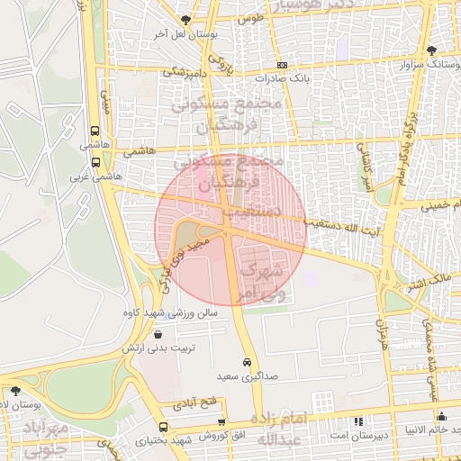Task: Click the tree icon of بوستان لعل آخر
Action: point(186,20)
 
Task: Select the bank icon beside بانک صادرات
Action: point(283,66)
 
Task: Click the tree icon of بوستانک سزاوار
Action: point(431,50)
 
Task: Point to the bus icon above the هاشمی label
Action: point(95,131)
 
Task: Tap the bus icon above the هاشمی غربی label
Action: point(95,163)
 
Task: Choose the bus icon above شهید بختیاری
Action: point(163,427)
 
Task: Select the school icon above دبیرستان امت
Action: point(358,420)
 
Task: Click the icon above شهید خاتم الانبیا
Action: point(441,416)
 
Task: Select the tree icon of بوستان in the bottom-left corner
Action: point(15,391)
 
